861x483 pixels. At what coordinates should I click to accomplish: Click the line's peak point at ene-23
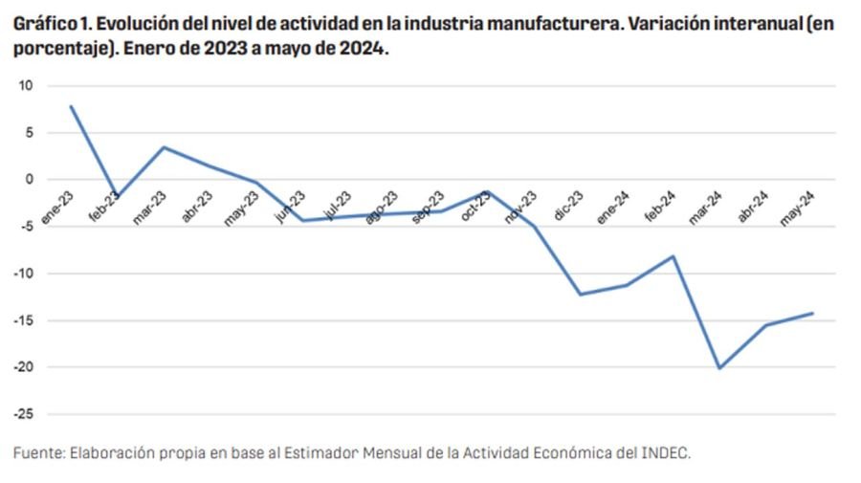[x=71, y=106]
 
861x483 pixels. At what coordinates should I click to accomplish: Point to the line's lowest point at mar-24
[x=719, y=368]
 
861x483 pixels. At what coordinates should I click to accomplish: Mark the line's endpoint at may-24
[x=812, y=313]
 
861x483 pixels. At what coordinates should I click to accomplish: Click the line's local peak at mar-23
[x=164, y=147]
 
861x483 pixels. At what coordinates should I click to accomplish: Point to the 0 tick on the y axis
[x=29, y=180]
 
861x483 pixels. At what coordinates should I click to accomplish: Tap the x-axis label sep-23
[x=429, y=207]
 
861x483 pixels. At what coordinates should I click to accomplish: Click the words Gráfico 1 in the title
[x=49, y=25]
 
